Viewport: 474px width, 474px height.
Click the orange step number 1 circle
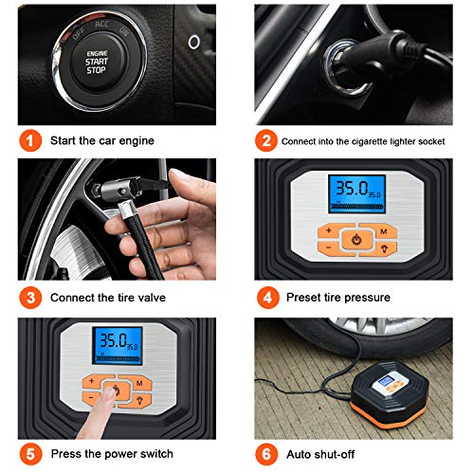[31, 140]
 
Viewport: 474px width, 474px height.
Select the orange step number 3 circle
[31, 298]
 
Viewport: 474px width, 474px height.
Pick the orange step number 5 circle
[31, 453]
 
